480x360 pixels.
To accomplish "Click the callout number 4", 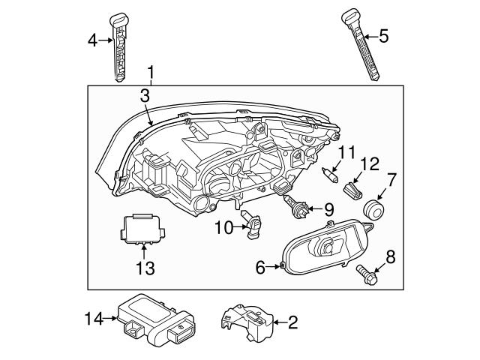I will [x=92, y=40].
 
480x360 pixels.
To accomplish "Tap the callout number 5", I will [x=383, y=35].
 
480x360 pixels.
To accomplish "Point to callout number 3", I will [x=145, y=95].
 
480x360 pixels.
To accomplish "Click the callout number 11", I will [x=345, y=154].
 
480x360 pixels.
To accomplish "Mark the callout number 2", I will [x=292, y=323].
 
